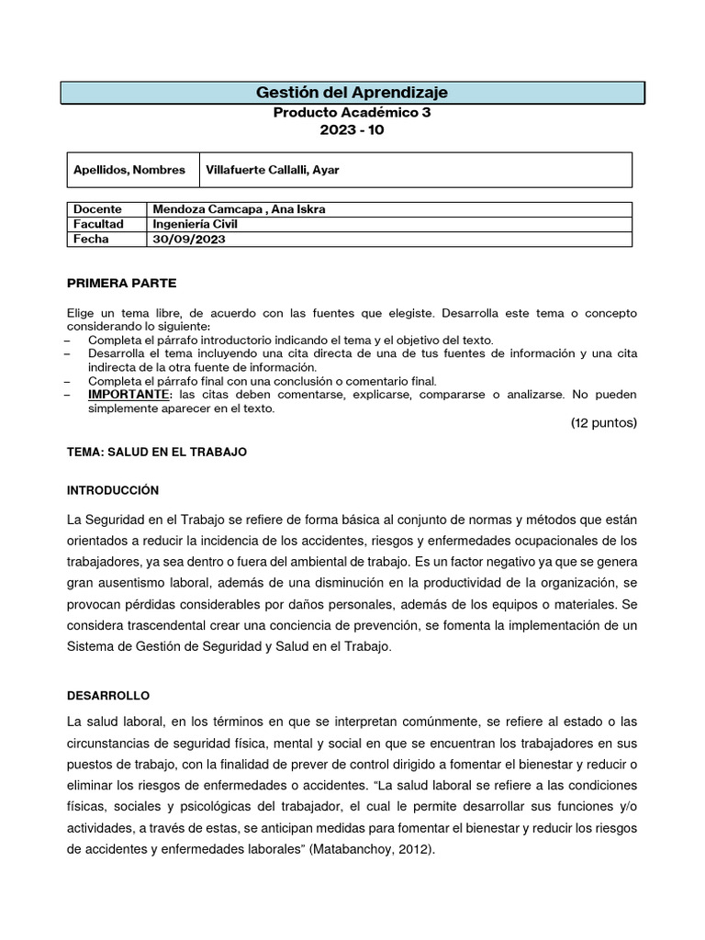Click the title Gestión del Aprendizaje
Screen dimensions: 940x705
click(352, 93)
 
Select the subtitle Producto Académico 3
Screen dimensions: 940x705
click(352, 113)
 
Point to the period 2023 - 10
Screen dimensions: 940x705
click(352, 130)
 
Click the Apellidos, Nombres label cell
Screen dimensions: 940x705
click(129, 170)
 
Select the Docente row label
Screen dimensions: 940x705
click(97, 209)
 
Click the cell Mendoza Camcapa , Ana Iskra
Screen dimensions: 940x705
click(240, 209)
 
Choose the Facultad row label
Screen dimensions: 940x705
click(98, 224)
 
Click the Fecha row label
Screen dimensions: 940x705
click(91, 239)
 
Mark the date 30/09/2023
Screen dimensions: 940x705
click(189, 239)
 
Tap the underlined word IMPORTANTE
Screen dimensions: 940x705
click(129, 394)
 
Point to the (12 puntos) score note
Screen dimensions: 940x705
click(603, 423)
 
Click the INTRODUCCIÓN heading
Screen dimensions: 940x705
click(113, 490)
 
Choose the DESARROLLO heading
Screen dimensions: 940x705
click(108, 695)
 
